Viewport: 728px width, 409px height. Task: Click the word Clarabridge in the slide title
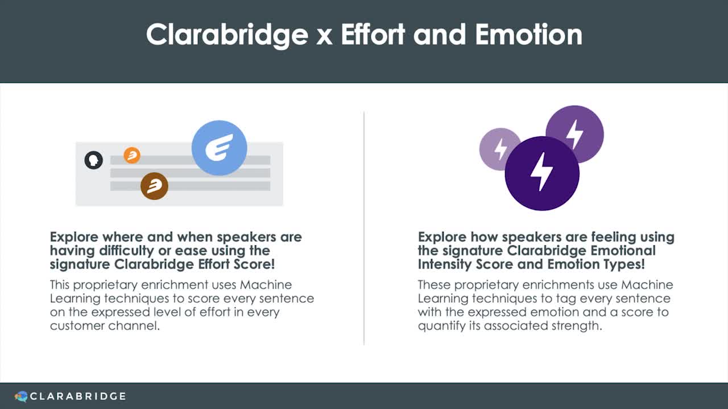227,35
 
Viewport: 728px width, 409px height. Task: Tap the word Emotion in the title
529,34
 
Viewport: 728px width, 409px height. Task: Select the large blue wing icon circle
220,148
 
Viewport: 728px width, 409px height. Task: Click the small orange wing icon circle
132,155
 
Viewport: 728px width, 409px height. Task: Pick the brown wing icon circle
154,186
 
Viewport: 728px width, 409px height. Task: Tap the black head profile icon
94,160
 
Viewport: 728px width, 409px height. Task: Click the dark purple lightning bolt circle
542,173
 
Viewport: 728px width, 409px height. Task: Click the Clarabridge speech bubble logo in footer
21,397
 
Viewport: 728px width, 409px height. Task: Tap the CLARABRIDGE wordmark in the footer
78,397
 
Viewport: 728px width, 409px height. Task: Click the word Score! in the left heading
254,264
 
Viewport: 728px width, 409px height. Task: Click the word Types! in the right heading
624,265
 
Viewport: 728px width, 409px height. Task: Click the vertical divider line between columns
364,228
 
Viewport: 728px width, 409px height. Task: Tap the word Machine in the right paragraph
647,285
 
